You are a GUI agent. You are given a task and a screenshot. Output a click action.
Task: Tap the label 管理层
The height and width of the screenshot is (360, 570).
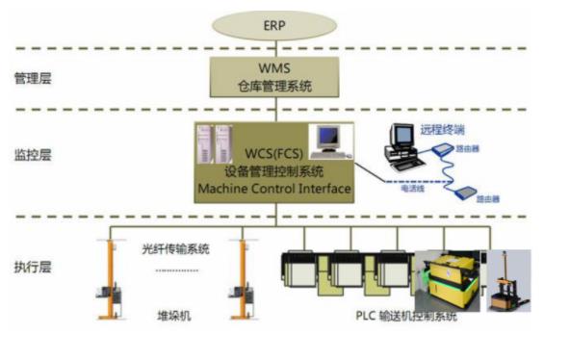click(33, 79)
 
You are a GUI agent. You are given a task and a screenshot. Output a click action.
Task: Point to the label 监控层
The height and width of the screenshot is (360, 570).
click(33, 152)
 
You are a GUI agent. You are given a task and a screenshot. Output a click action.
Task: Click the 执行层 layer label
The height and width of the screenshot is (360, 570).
click(33, 263)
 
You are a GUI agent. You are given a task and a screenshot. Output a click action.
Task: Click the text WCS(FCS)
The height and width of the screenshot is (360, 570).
click(273, 153)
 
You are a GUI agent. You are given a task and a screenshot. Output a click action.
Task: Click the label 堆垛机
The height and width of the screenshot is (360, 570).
click(170, 315)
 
